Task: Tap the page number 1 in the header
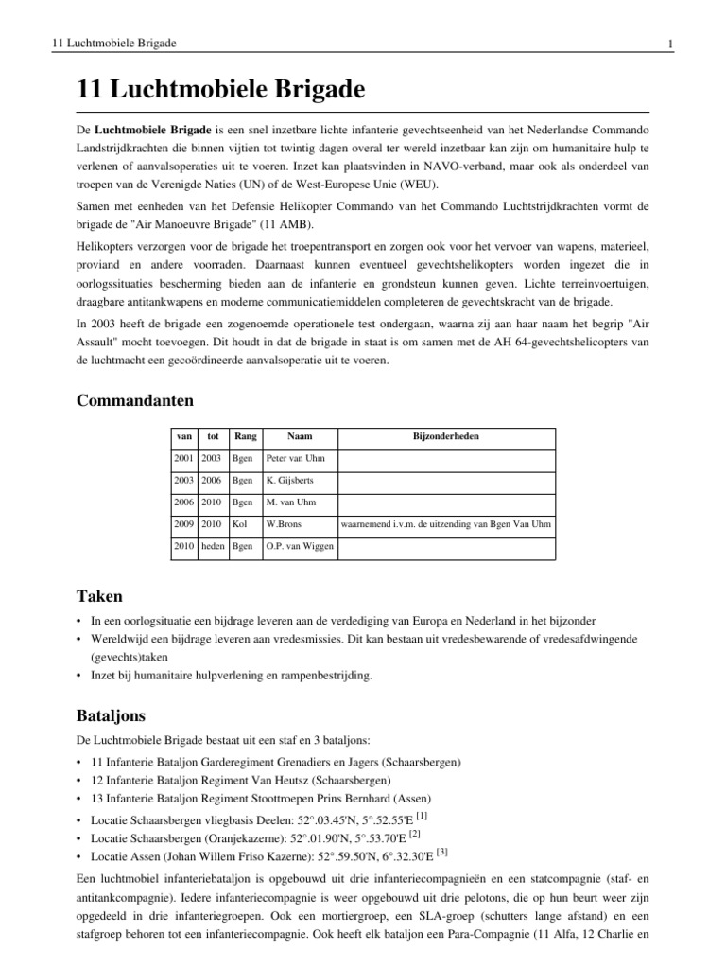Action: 668,44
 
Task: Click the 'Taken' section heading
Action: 96,596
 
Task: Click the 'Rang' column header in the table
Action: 245,436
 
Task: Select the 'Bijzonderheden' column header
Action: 445,436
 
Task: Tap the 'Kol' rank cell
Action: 239,524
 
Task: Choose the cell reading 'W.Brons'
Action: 284,524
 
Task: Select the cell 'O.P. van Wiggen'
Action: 299,546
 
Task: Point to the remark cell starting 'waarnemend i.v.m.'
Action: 445,524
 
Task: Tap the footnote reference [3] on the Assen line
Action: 441,851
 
